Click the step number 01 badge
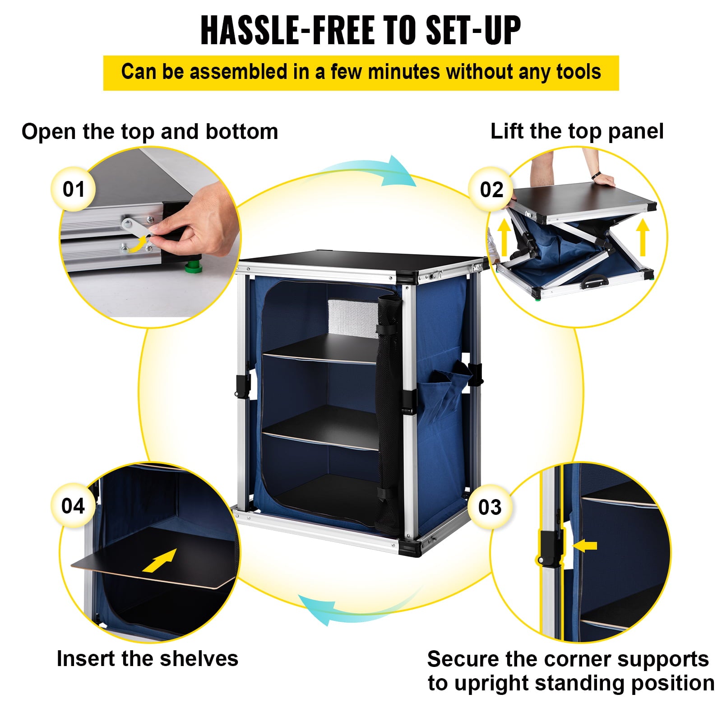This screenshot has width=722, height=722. pyautogui.click(x=74, y=189)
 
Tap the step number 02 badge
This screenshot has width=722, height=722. pyautogui.click(x=491, y=190)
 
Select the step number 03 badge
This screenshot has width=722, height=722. pyautogui.click(x=490, y=507)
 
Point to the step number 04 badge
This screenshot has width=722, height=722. pyautogui.click(x=73, y=505)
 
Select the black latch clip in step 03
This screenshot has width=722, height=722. pyautogui.click(x=551, y=547)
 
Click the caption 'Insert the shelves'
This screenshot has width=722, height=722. pyautogui.click(x=147, y=658)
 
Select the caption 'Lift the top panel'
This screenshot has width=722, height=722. pyautogui.click(x=577, y=131)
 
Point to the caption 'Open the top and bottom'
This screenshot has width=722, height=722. pyautogui.click(x=150, y=132)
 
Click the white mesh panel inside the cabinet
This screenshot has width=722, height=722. pyautogui.click(x=352, y=319)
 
